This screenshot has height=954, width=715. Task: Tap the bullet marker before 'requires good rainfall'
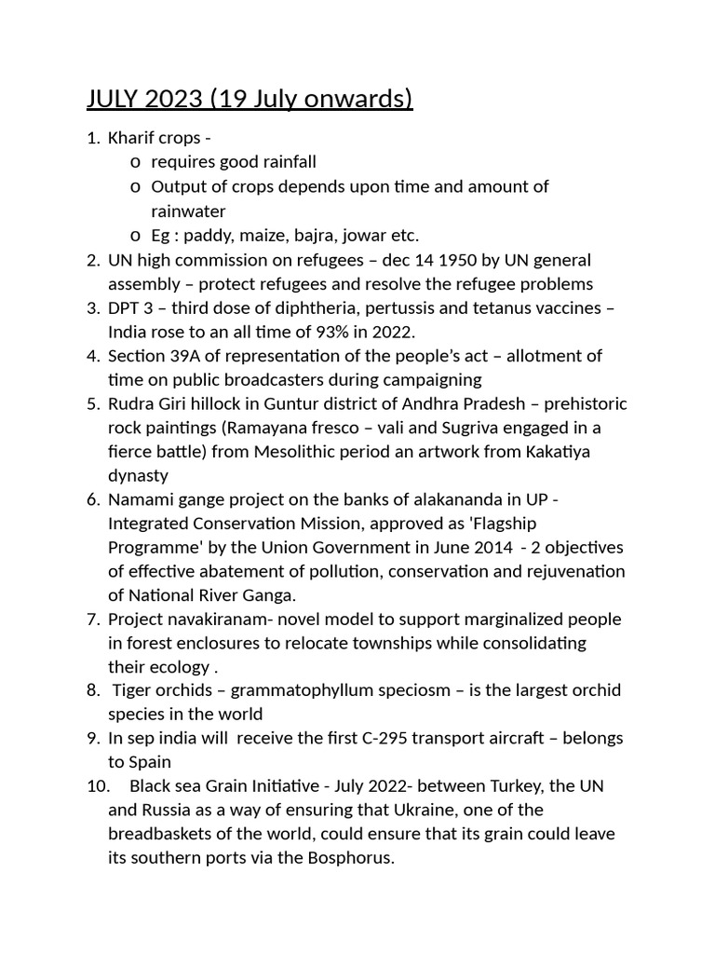pos(136,162)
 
